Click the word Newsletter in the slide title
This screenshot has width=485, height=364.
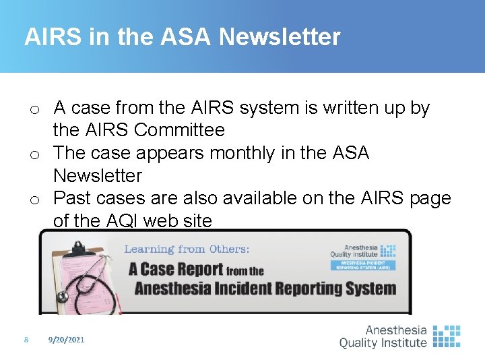click(x=280, y=36)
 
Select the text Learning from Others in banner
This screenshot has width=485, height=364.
click(x=187, y=249)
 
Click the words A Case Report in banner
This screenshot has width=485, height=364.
click(x=176, y=270)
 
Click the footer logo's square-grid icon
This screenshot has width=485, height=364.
click(x=446, y=336)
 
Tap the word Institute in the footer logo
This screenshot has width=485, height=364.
click(x=402, y=342)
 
